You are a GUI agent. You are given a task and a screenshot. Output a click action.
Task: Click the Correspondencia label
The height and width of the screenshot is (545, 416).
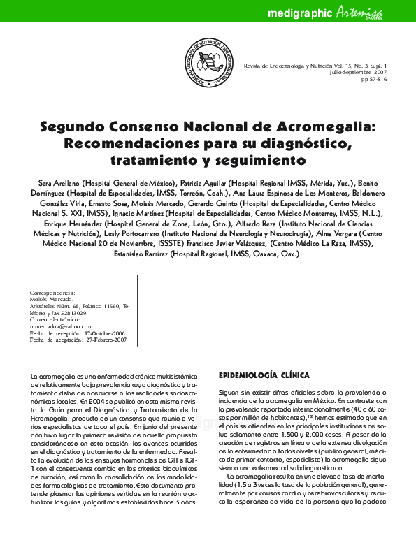tap(52, 293)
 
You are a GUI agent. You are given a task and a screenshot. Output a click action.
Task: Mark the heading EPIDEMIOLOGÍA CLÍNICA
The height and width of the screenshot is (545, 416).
tap(264, 375)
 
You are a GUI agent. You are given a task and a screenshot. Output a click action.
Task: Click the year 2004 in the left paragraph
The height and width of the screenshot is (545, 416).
tap(92, 402)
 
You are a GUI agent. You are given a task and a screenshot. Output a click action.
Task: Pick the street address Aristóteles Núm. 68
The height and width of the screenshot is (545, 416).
tap(56, 307)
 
